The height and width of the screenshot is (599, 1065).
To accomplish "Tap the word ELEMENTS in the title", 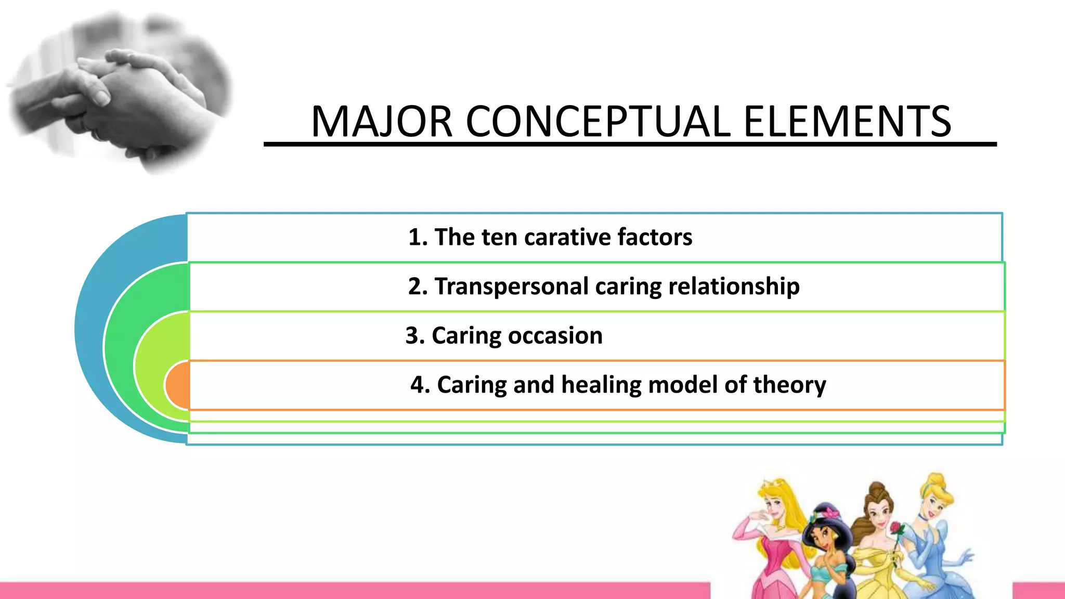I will pyautogui.click(x=847, y=122).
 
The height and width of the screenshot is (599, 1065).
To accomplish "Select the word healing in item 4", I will pyautogui.click(x=601, y=385).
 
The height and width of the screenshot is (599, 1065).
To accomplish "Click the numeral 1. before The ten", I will pyautogui.click(x=418, y=237).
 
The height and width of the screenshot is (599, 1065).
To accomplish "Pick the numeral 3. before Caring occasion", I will pyautogui.click(x=415, y=335).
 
